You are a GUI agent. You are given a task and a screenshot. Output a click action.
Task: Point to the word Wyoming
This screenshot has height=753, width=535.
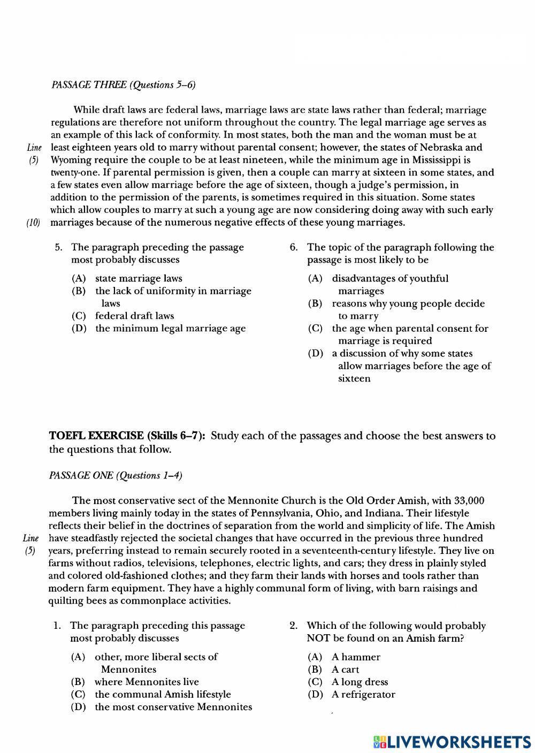point(71,160)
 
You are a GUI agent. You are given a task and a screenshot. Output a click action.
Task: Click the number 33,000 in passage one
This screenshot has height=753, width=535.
point(469,500)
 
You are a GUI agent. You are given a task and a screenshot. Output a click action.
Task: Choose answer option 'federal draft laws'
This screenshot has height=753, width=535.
point(134,316)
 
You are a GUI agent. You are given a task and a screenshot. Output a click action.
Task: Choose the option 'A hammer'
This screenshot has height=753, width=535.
point(356,657)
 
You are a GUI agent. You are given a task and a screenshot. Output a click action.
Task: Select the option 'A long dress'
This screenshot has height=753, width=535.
point(360,682)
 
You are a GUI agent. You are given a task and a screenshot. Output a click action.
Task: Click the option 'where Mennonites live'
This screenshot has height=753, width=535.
point(146,682)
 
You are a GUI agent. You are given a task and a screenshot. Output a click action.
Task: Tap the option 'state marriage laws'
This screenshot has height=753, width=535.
point(139,278)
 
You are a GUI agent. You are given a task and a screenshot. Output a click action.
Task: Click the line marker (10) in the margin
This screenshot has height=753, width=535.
point(34,223)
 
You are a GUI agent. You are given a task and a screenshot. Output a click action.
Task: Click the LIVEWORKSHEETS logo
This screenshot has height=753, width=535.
point(452,741)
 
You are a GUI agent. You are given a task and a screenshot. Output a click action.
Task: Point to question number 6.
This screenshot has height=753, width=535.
point(293,247)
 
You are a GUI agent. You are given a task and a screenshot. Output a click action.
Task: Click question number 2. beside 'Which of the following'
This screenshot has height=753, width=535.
point(293,626)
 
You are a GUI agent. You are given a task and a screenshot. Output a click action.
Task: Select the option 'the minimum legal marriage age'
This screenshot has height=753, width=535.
point(170,329)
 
